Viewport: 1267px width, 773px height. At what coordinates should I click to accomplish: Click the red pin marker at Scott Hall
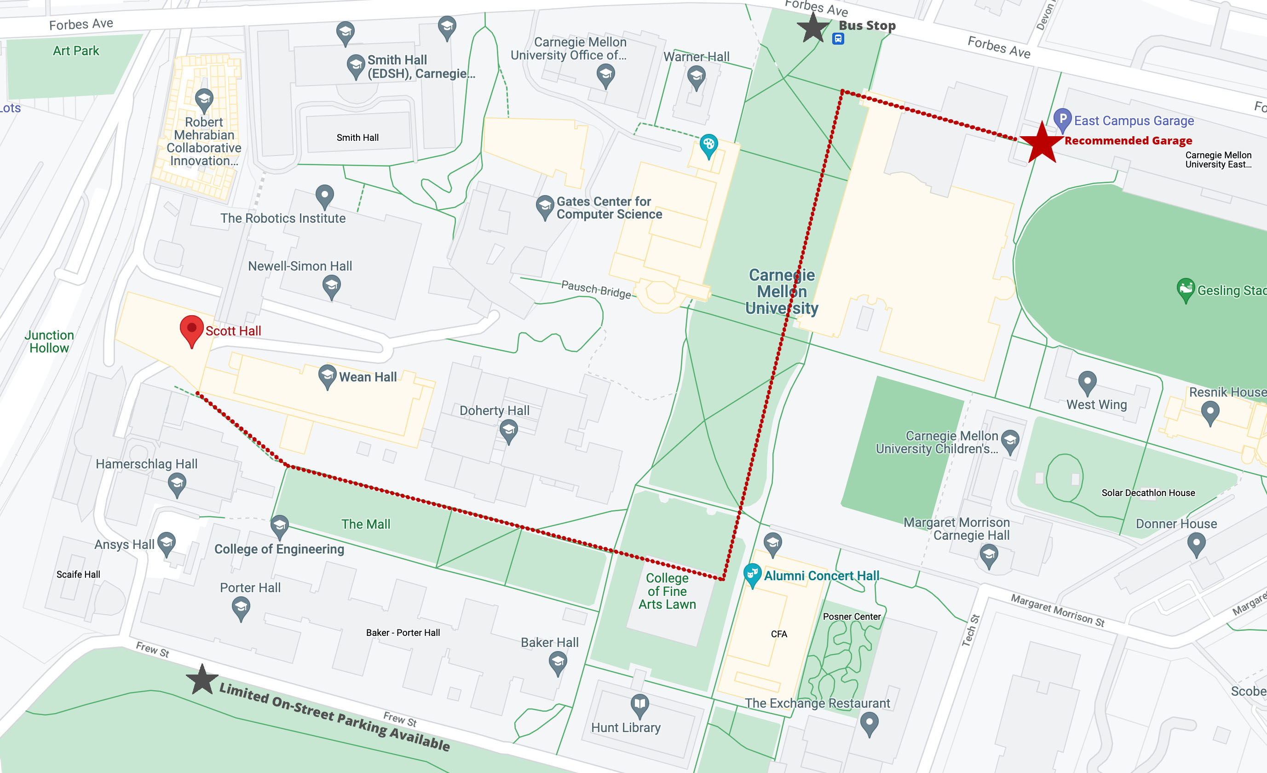(192, 329)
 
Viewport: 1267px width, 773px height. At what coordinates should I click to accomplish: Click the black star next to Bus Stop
(813, 28)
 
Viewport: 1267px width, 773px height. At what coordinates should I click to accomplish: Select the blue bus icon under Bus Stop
(838, 39)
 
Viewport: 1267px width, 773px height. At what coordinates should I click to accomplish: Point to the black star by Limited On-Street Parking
(202, 680)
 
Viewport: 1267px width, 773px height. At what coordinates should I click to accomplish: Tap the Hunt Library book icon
(639, 704)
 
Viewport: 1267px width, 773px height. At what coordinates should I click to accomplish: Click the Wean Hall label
(368, 377)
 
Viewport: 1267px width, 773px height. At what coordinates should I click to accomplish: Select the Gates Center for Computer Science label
(609, 208)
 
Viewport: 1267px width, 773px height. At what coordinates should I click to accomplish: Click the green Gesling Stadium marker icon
(1186, 288)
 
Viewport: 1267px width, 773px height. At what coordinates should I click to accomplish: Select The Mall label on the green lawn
(366, 524)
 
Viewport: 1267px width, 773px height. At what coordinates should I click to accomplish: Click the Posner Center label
(852, 617)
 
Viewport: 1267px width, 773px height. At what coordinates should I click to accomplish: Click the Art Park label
(75, 51)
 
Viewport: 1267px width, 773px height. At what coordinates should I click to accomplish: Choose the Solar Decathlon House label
(1148, 493)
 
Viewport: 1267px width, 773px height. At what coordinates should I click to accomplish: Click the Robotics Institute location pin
(324, 196)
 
